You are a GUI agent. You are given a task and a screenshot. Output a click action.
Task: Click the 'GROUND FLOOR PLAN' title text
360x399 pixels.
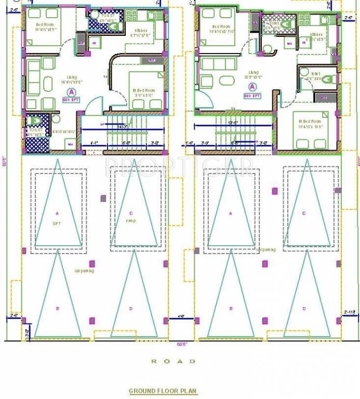pyautogui.click(x=163, y=391)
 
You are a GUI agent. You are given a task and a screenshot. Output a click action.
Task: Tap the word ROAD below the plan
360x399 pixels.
pyautogui.click(x=174, y=361)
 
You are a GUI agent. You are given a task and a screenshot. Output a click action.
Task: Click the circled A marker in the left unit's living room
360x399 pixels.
pyautogui.click(x=65, y=92)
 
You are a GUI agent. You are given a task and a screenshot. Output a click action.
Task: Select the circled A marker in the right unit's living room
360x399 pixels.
pyautogui.click(x=254, y=87)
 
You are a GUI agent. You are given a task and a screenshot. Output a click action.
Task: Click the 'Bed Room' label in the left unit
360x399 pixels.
pyautogui.click(x=46, y=24)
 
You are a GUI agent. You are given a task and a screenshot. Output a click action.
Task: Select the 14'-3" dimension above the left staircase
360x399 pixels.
pyautogui.click(x=123, y=127)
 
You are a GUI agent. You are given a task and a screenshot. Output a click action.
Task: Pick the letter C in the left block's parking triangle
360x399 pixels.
pyautogui.click(x=131, y=213)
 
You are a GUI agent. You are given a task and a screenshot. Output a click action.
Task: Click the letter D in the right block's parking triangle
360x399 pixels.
pyautogui.click(x=304, y=309)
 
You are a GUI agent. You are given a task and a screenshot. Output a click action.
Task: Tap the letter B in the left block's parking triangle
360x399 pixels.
pyautogui.click(x=58, y=309)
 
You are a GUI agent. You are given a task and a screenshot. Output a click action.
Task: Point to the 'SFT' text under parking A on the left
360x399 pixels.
pyautogui.click(x=57, y=223)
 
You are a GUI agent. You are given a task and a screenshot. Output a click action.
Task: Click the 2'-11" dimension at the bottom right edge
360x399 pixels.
pyautogui.click(x=350, y=312)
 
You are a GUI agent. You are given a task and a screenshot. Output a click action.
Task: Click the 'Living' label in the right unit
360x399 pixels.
pyautogui.click(x=254, y=72)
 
